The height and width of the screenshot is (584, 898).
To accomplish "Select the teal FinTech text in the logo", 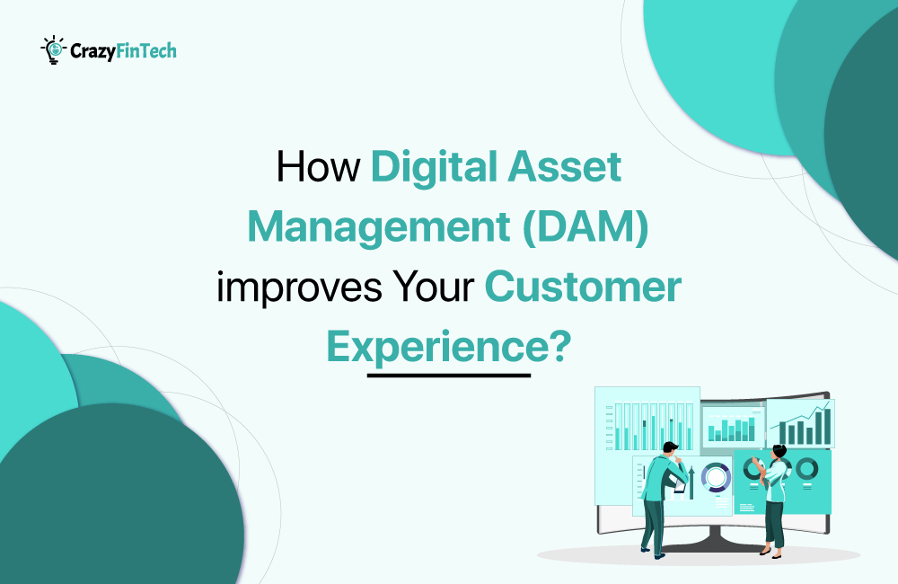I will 148,51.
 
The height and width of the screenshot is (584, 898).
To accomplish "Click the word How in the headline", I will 318,168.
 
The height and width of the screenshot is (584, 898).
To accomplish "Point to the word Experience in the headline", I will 436,346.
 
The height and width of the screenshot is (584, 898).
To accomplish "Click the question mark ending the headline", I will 559,346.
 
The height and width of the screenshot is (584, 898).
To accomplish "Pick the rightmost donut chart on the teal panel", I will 806,468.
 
